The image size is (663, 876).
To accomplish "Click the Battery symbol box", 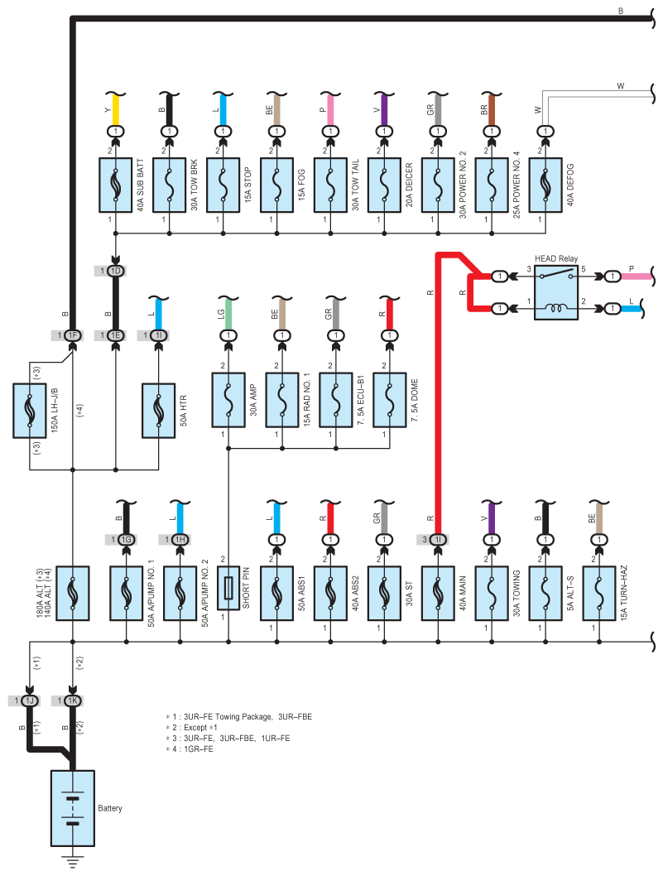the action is coord(73,808).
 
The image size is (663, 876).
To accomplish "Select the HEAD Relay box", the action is coord(556,292).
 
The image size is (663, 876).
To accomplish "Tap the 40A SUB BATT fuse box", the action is coord(116,185).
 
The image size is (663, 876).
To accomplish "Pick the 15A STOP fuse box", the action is coord(223,185).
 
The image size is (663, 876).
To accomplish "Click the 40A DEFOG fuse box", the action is coord(545,185).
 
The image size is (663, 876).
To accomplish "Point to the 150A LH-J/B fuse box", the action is coord(30,411).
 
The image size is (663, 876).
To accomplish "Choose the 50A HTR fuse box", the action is coord(159,411).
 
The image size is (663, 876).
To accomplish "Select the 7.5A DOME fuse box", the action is coord(389,400).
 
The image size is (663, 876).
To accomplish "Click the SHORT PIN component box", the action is coord(228,589).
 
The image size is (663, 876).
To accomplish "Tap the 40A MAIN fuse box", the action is coord(438,594).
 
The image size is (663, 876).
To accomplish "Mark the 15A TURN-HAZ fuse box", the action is coord(598,594).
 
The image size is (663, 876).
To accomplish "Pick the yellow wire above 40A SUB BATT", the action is coord(116,110).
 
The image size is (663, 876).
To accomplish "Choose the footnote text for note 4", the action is coord(190,748).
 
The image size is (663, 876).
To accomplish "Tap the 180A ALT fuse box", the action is coord(73,594).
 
